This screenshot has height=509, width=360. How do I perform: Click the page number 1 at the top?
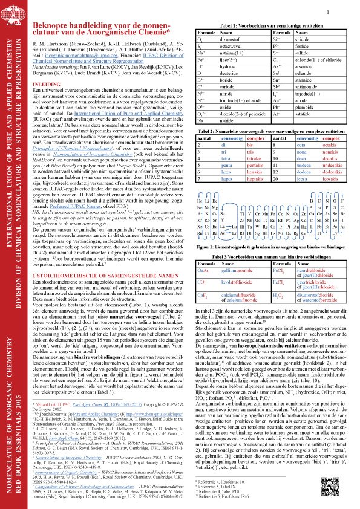(x=327, y=11)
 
